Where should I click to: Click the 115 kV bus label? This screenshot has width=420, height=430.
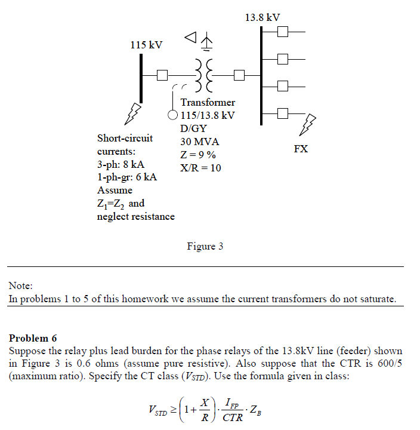(x=146, y=45)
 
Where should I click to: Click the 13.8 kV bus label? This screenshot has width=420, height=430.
(x=262, y=17)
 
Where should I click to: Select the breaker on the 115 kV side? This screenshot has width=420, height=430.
(x=162, y=75)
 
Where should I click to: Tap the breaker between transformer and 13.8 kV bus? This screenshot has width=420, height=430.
(x=239, y=75)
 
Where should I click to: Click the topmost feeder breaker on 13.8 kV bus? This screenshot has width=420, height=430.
(x=283, y=31)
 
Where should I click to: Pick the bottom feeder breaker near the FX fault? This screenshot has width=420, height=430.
(x=283, y=112)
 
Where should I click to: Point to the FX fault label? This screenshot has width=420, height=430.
(x=301, y=149)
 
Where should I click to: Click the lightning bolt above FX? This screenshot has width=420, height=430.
(x=308, y=125)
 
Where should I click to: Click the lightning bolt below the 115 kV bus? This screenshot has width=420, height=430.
(x=135, y=112)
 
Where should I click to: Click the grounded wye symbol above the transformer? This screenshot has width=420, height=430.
(x=206, y=42)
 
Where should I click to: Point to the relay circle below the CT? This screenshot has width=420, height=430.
(x=172, y=114)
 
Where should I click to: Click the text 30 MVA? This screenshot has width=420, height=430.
(x=200, y=142)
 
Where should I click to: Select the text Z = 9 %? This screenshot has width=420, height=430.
(x=198, y=155)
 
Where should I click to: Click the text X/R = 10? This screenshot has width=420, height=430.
(x=200, y=168)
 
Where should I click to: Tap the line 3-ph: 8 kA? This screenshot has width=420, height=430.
(x=121, y=164)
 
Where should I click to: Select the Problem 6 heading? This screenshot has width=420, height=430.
(x=33, y=339)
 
